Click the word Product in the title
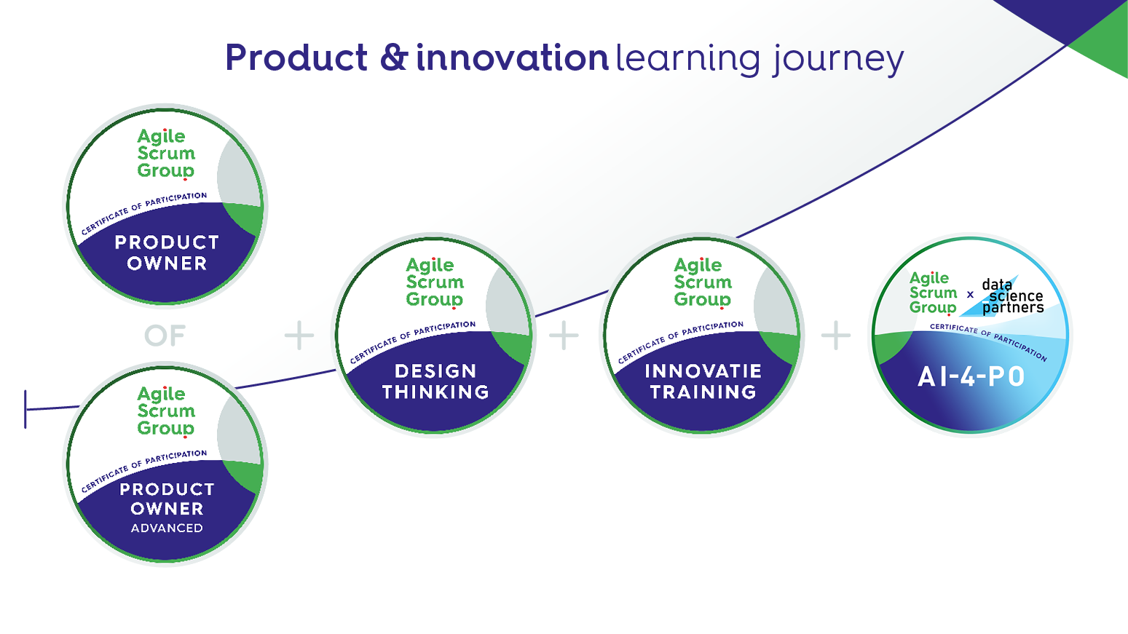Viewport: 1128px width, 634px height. coord(296,58)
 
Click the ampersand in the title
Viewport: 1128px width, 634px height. coord(393,58)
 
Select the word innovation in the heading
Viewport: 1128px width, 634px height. coord(513,58)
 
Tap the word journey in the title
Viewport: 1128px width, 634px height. coord(838,60)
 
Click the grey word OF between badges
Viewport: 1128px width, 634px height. coord(165,336)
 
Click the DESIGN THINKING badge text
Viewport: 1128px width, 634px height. coord(435,381)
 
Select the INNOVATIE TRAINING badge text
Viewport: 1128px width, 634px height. coord(703,381)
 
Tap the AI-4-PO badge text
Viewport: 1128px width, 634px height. coord(971,377)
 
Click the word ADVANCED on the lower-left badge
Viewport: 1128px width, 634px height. coord(167,528)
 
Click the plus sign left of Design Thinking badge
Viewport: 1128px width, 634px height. coord(299,335)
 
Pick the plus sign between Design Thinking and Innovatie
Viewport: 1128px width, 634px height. coord(564,335)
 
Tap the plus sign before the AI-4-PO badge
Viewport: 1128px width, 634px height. coord(836,335)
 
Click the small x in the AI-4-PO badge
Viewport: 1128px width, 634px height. coord(971,294)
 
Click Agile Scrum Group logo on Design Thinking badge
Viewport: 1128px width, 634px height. coord(435,282)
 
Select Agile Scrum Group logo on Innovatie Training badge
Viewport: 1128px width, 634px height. coord(703,282)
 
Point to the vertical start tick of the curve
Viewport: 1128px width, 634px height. coord(25,409)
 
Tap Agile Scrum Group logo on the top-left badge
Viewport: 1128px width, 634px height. coord(166,154)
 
